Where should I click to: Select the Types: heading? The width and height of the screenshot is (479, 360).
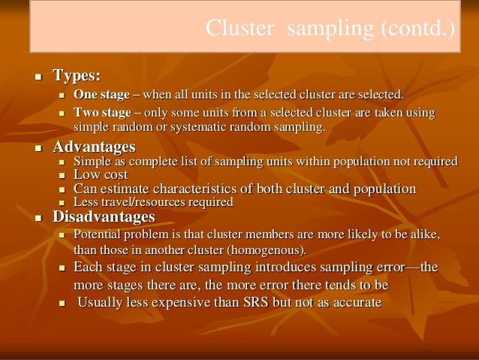click(76, 76)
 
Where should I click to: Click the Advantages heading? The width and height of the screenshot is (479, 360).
click(94, 147)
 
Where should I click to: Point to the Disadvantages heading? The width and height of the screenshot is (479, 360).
click(104, 217)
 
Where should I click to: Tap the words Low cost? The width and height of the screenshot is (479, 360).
click(101, 175)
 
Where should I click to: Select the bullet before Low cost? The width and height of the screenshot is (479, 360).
click(62, 176)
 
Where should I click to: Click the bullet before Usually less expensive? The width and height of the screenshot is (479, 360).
click(62, 304)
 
